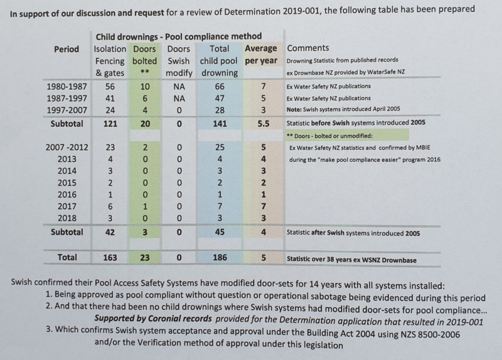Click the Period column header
tap(67, 50)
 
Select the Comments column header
tap(307, 48)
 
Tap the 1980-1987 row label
tap(67, 87)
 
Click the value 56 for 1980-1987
tap(110, 87)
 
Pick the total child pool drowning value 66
tap(220, 87)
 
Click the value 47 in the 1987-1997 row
tap(220, 98)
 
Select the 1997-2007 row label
tap(67, 110)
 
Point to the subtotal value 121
tap(110, 124)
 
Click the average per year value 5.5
tap(264, 124)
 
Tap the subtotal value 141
tap(220, 124)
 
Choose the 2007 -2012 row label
tap(67, 147)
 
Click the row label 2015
tap(67, 183)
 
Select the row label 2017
tap(67, 206)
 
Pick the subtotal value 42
tap(110, 232)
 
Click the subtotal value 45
tap(220, 232)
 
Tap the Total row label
tap(67, 257)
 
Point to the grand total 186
tap(220, 257)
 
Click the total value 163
tap(110, 258)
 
